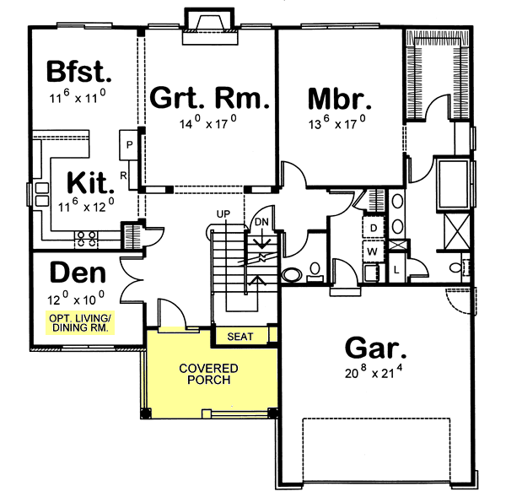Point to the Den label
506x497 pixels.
click(78, 273)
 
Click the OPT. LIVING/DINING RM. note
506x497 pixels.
click(78, 323)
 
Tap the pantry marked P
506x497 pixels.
click(128, 143)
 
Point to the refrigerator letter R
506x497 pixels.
click(123, 176)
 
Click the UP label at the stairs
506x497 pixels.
click(223, 213)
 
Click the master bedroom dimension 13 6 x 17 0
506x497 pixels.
click(337, 121)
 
